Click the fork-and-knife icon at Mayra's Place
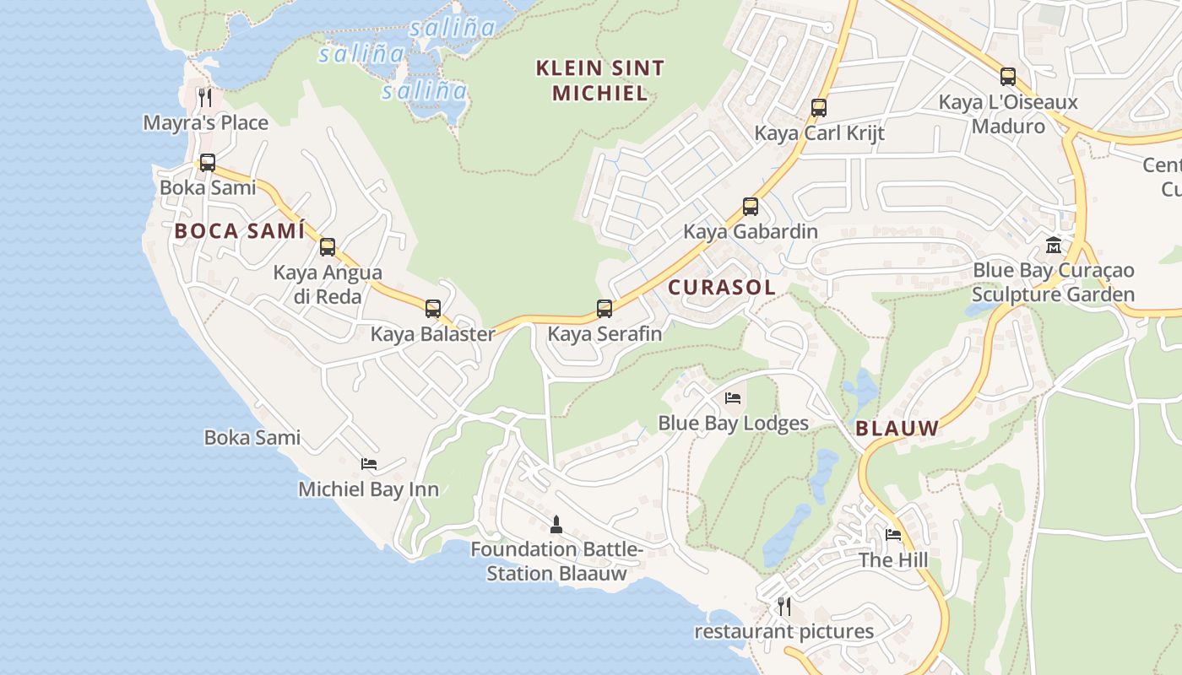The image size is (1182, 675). click(205, 97)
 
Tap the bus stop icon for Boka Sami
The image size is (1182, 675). click(207, 163)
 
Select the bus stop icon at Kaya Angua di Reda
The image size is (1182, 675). click(328, 247)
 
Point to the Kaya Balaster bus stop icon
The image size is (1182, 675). click(433, 309)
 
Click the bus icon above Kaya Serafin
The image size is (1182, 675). click(605, 309)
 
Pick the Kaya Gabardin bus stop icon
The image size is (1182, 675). click(750, 207)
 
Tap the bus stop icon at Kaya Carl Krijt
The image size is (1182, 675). click(818, 108)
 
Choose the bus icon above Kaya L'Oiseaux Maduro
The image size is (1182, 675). click(1007, 77)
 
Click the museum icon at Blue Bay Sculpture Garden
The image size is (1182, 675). click(1053, 246)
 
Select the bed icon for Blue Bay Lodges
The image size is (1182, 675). click(733, 397)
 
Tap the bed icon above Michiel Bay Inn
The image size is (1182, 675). click(369, 463)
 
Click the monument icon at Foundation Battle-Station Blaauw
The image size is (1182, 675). click(556, 524)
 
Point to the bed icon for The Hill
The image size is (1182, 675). click(893, 534)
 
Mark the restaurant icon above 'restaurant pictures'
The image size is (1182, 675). click(783, 606)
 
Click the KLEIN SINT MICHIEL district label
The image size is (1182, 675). click(600, 80)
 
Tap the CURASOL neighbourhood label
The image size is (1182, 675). click(722, 287)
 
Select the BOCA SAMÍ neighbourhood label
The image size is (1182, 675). click(239, 231)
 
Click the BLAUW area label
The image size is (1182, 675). click(897, 429)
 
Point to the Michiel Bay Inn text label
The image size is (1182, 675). click(369, 489)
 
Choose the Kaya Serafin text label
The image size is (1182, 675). click(605, 334)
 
